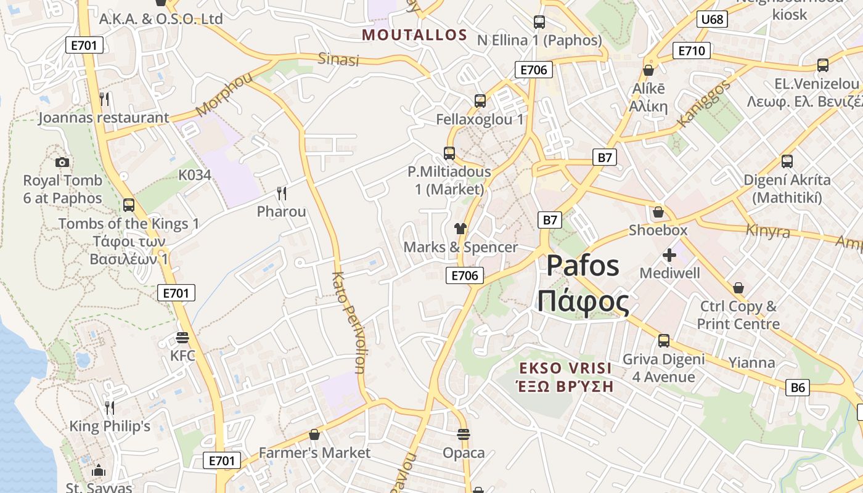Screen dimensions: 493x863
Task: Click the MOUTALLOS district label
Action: [x=414, y=35]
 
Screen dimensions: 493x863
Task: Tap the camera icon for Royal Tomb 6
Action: [x=62, y=162]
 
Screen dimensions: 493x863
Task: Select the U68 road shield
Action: [x=712, y=20]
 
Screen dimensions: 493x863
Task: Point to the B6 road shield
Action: [x=798, y=388]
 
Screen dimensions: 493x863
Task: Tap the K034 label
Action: [x=195, y=175]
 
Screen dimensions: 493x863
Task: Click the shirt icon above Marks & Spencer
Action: [x=460, y=229]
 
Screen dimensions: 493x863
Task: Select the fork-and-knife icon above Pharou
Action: [x=282, y=194]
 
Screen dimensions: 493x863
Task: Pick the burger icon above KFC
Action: [x=182, y=338]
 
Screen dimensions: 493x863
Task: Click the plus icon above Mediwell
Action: [x=669, y=255]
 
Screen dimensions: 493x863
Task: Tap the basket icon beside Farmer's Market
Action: [x=314, y=434]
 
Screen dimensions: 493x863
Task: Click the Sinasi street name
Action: [x=338, y=59]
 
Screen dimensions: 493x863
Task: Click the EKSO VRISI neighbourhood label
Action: [x=565, y=369]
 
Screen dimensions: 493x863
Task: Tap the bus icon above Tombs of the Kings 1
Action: [x=129, y=205]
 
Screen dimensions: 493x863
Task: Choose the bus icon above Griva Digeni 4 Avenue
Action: [x=664, y=340]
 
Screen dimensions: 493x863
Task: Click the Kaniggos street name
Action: [x=703, y=103]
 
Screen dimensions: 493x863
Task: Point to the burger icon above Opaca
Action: [x=464, y=434]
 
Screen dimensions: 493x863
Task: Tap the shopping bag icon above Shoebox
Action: [x=658, y=212]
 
